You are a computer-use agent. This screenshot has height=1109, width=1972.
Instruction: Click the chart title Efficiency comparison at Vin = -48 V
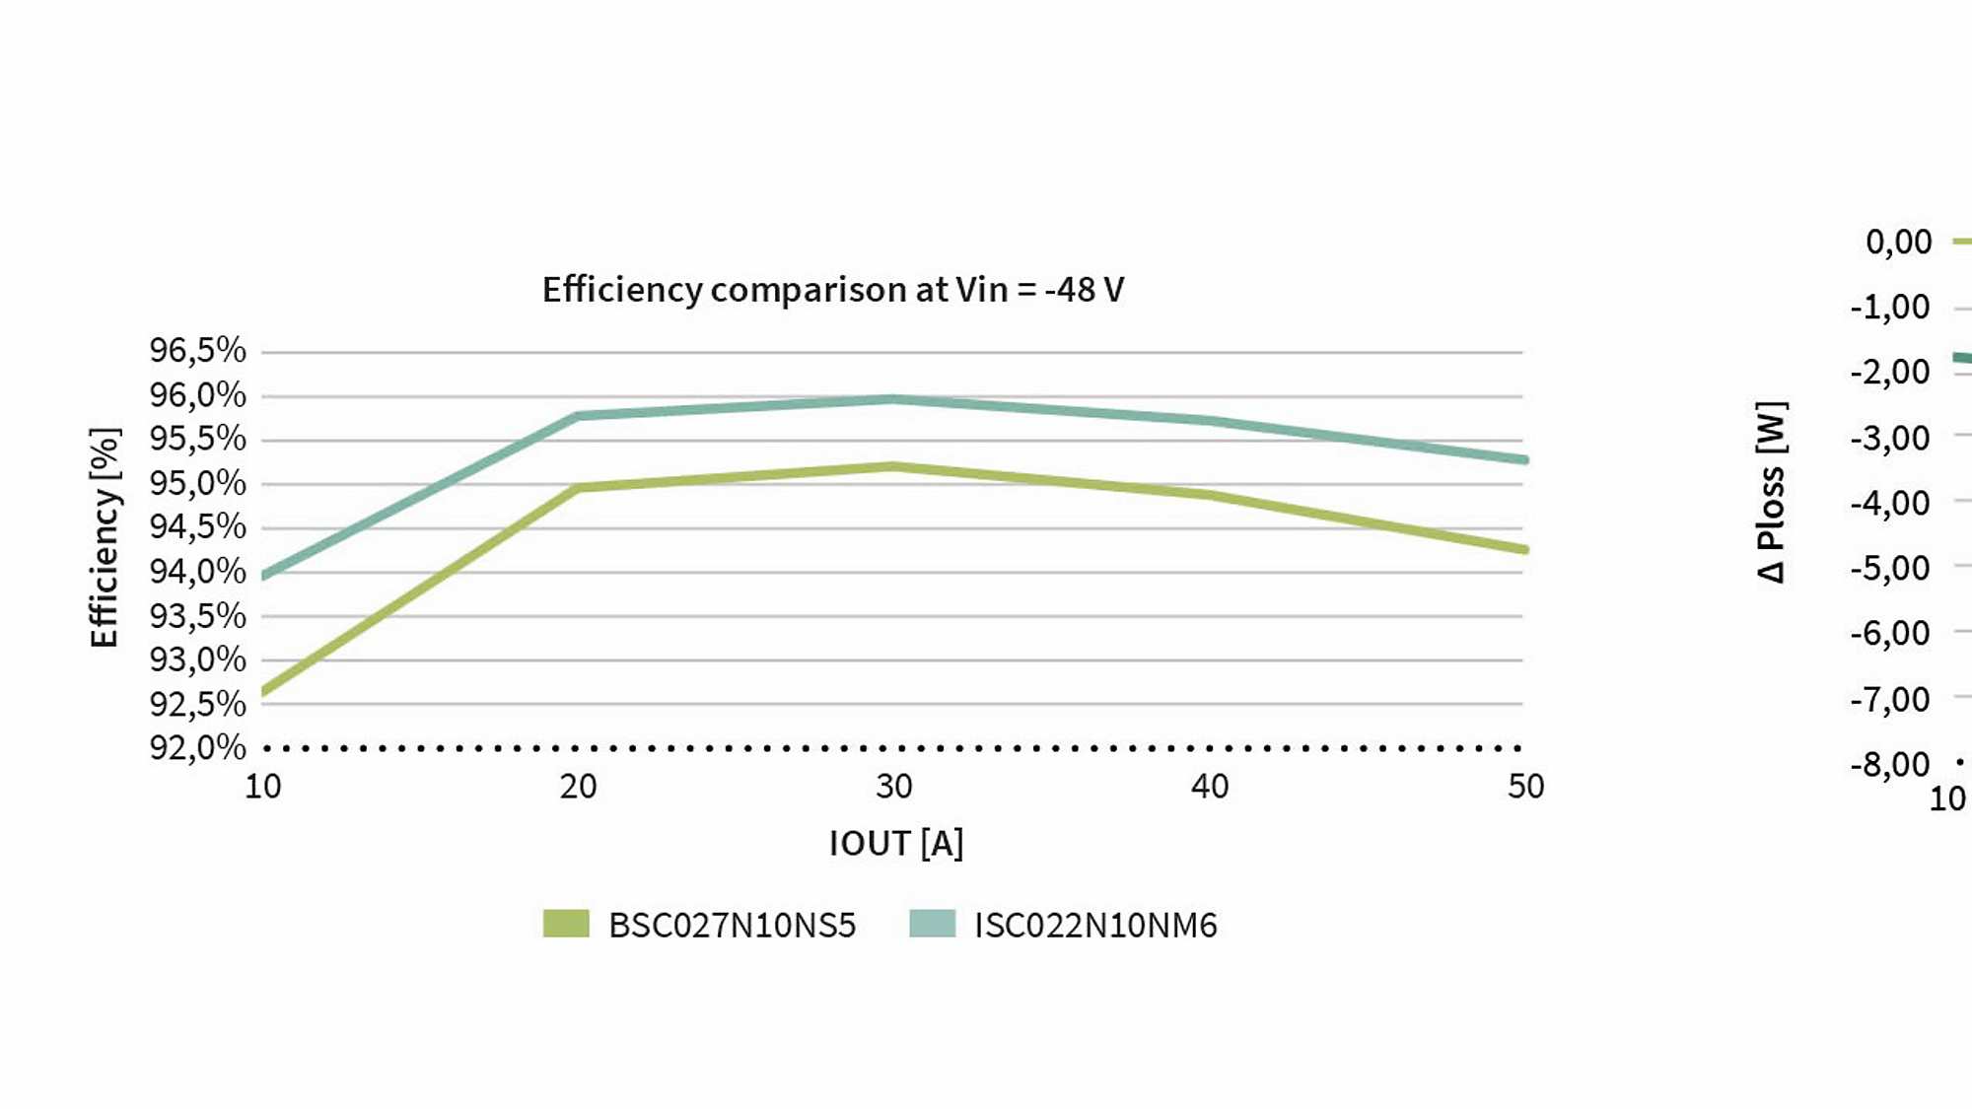click(833, 290)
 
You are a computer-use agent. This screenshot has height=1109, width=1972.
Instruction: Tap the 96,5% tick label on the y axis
click(197, 350)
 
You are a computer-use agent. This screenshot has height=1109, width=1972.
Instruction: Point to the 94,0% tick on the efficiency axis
click(197, 571)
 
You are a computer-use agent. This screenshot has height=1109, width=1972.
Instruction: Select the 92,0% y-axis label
click(197, 747)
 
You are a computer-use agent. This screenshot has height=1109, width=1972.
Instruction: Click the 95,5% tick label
click(197, 439)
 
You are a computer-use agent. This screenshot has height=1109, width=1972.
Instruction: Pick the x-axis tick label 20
click(578, 787)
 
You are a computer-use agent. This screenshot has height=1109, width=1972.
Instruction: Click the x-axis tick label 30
click(893, 787)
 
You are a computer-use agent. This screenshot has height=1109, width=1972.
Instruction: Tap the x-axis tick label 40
click(1209, 787)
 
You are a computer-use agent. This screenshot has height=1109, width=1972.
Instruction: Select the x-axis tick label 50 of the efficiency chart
click(1524, 787)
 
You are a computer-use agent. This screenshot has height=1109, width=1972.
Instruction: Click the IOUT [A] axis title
click(895, 844)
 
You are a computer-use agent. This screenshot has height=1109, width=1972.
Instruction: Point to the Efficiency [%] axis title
click(105, 537)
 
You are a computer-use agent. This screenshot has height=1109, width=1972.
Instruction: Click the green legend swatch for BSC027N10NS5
click(566, 924)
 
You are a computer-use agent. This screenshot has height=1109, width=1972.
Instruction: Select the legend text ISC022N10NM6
click(1095, 926)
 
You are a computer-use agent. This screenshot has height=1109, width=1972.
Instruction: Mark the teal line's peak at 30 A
click(892, 399)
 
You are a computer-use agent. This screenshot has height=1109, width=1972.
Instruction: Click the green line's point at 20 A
click(578, 488)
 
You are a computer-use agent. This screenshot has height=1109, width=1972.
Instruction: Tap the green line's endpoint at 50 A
click(1523, 549)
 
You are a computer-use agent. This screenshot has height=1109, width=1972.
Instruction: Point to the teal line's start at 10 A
click(265, 575)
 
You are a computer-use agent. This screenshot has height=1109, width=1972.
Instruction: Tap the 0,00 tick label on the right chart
click(1898, 242)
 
